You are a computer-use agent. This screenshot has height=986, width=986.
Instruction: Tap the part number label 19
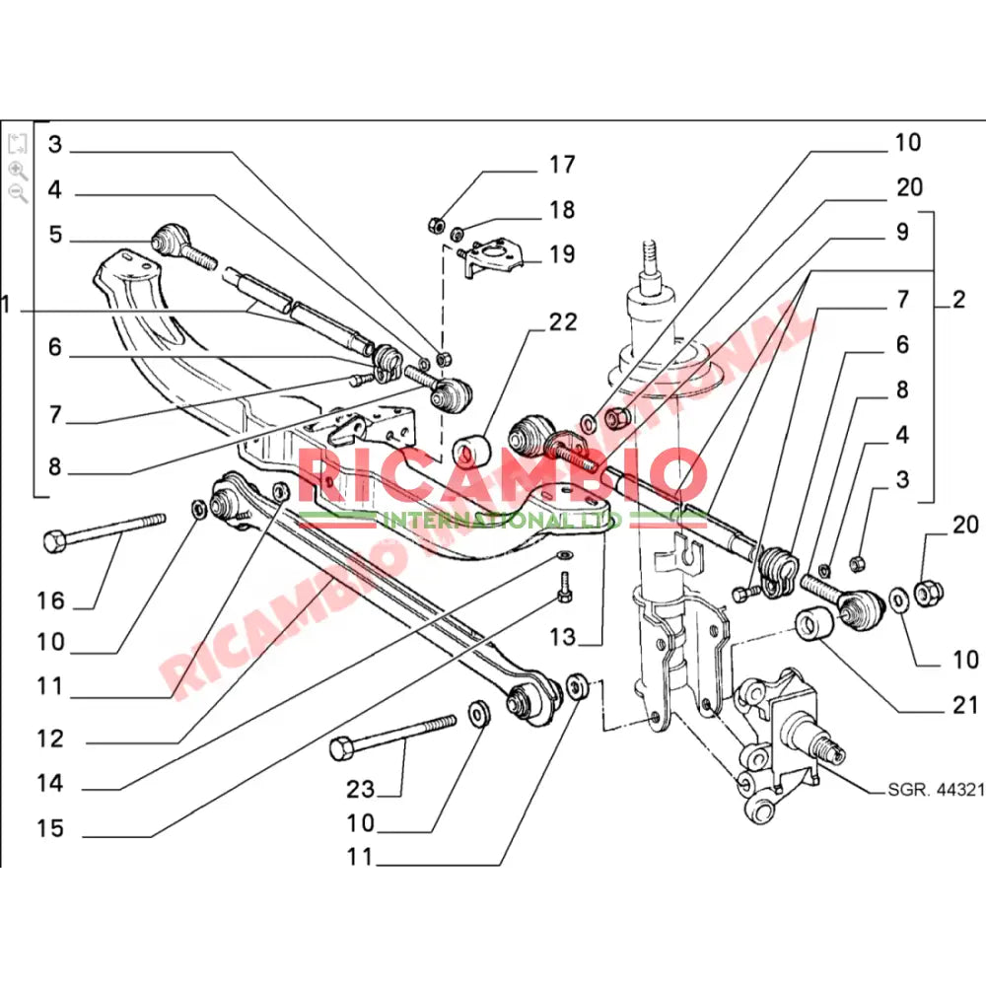tap(562, 255)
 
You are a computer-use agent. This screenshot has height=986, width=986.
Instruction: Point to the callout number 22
tap(563, 322)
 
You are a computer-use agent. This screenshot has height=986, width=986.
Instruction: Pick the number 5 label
tap(54, 235)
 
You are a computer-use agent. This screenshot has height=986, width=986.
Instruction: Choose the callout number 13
tap(562, 638)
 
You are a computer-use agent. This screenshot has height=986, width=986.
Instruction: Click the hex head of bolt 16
tap(54, 540)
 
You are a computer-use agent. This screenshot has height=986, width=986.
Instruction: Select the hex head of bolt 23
tap(342, 748)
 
